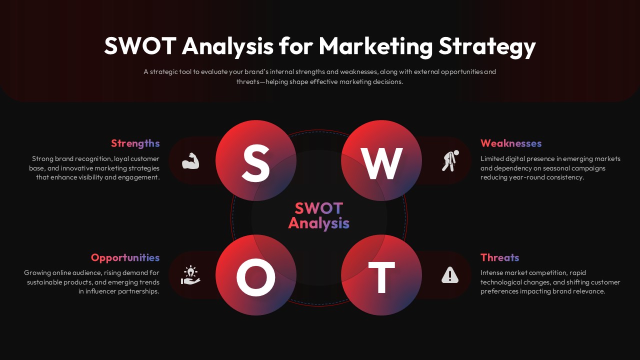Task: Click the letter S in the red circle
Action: point(255,162)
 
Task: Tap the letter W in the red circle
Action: point(381,163)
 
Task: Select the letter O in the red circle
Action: point(255,277)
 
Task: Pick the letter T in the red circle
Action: point(381,277)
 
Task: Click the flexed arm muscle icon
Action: point(190,161)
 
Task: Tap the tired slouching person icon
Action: point(450,161)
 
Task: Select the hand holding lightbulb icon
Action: point(190,275)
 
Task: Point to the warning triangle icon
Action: point(450,275)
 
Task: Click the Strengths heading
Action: point(135,143)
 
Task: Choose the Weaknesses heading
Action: point(511,143)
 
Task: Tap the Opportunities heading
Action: point(125,258)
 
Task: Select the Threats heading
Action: point(499,258)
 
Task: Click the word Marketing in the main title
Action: point(375,46)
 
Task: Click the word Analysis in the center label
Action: point(318,223)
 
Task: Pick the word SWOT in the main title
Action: point(140,46)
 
